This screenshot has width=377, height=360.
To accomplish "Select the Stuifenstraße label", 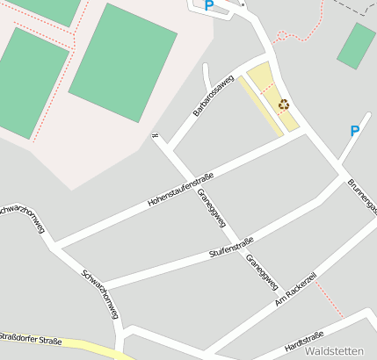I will (x=231, y=247).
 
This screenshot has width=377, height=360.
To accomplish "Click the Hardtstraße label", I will (x=304, y=343).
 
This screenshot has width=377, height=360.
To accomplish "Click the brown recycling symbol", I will (x=284, y=104).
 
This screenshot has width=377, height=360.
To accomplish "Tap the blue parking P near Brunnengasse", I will (x=355, y=131).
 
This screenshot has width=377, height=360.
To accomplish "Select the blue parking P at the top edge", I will (x=209, y=5).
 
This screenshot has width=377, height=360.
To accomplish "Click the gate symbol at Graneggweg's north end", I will (x=156, y=135).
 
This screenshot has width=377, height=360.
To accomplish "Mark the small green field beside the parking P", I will (x=357, y=46).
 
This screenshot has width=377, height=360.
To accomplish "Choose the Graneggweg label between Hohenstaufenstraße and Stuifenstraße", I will (x=212, y=207).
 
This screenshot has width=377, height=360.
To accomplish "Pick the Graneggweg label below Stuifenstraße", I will (x=262, y=271).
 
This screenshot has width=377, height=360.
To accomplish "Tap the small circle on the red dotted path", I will (x=281, y=34).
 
